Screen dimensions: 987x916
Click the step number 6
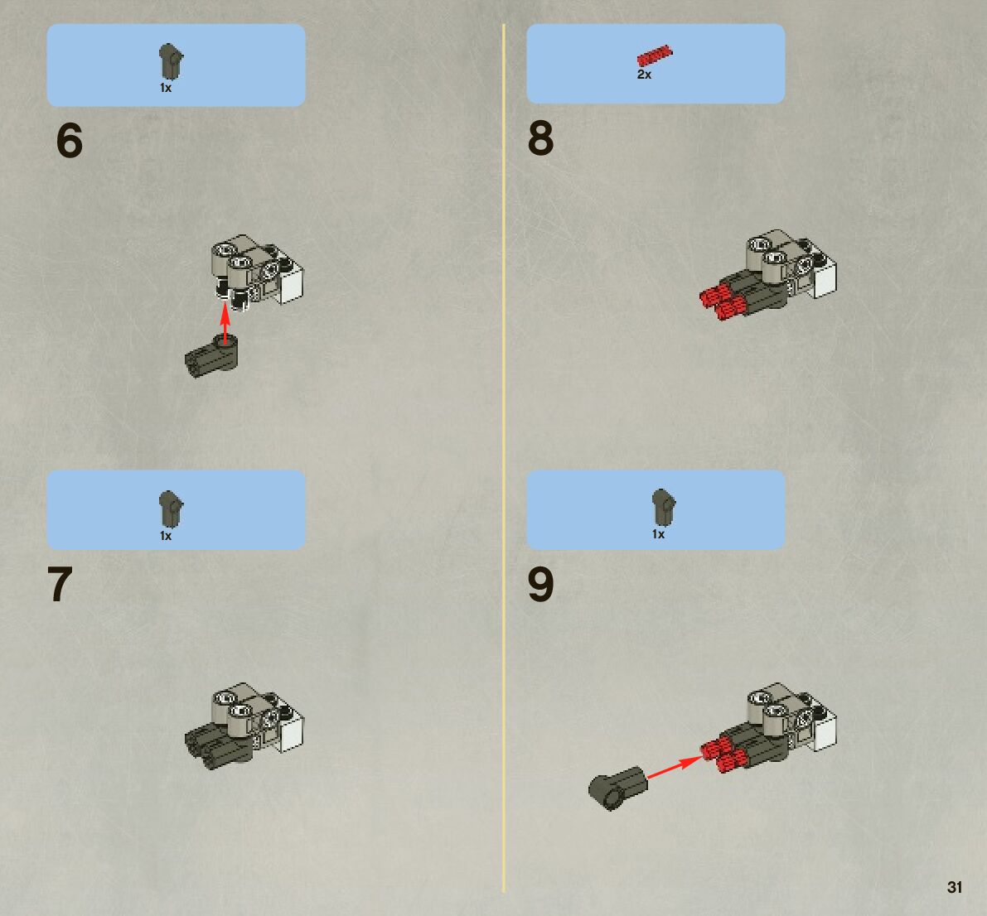[x=70, y=140]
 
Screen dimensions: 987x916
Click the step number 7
[x=60, y=584]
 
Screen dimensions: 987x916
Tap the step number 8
[x=540, y=138]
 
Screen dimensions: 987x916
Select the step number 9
[x=540, y=584]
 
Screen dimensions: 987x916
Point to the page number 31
[x=955, y=887]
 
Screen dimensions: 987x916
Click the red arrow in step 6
[x=225, y=323]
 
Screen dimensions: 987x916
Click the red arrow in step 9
[x=675, y=768]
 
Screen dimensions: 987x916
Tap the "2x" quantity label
[x=644, y=75]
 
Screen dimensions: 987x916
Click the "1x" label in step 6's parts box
[x=166, y=88]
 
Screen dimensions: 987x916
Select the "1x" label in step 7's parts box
[x=166, y=535]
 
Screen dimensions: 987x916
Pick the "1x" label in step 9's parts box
[x=658, y=534]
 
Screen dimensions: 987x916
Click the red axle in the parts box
[x=655, y=56]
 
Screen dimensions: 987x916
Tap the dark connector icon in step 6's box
[x=170, y=61]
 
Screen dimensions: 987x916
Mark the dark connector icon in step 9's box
[x=664, y=507]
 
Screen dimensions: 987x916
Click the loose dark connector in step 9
[x=618, y=788]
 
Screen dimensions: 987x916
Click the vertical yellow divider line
[x=504, y=458]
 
